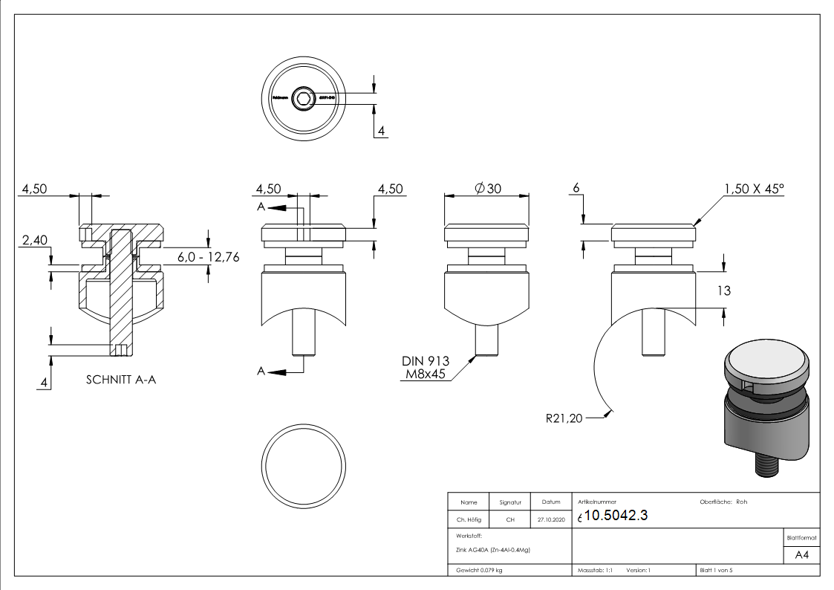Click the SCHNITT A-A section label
pyautogui.click(x=121, y=380)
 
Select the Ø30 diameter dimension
pyautogui.click(x=488, y=189)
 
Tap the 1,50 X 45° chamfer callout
pyautogui.click(x=753, y=189)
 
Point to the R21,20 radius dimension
pyautogui.click(x=564, y=418)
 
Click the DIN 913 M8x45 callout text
pyautogui.click(x=426, y=366)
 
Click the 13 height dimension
pyautogui.click(x=723, y=291)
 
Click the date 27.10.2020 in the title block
pyautogui.click(x=550, y=519)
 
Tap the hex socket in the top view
pyautogui.click(x=303, y=98)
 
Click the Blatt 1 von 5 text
pyautogui.click(x=716, y=570)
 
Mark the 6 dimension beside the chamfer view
pyautogui.click(x=576, y=189)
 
